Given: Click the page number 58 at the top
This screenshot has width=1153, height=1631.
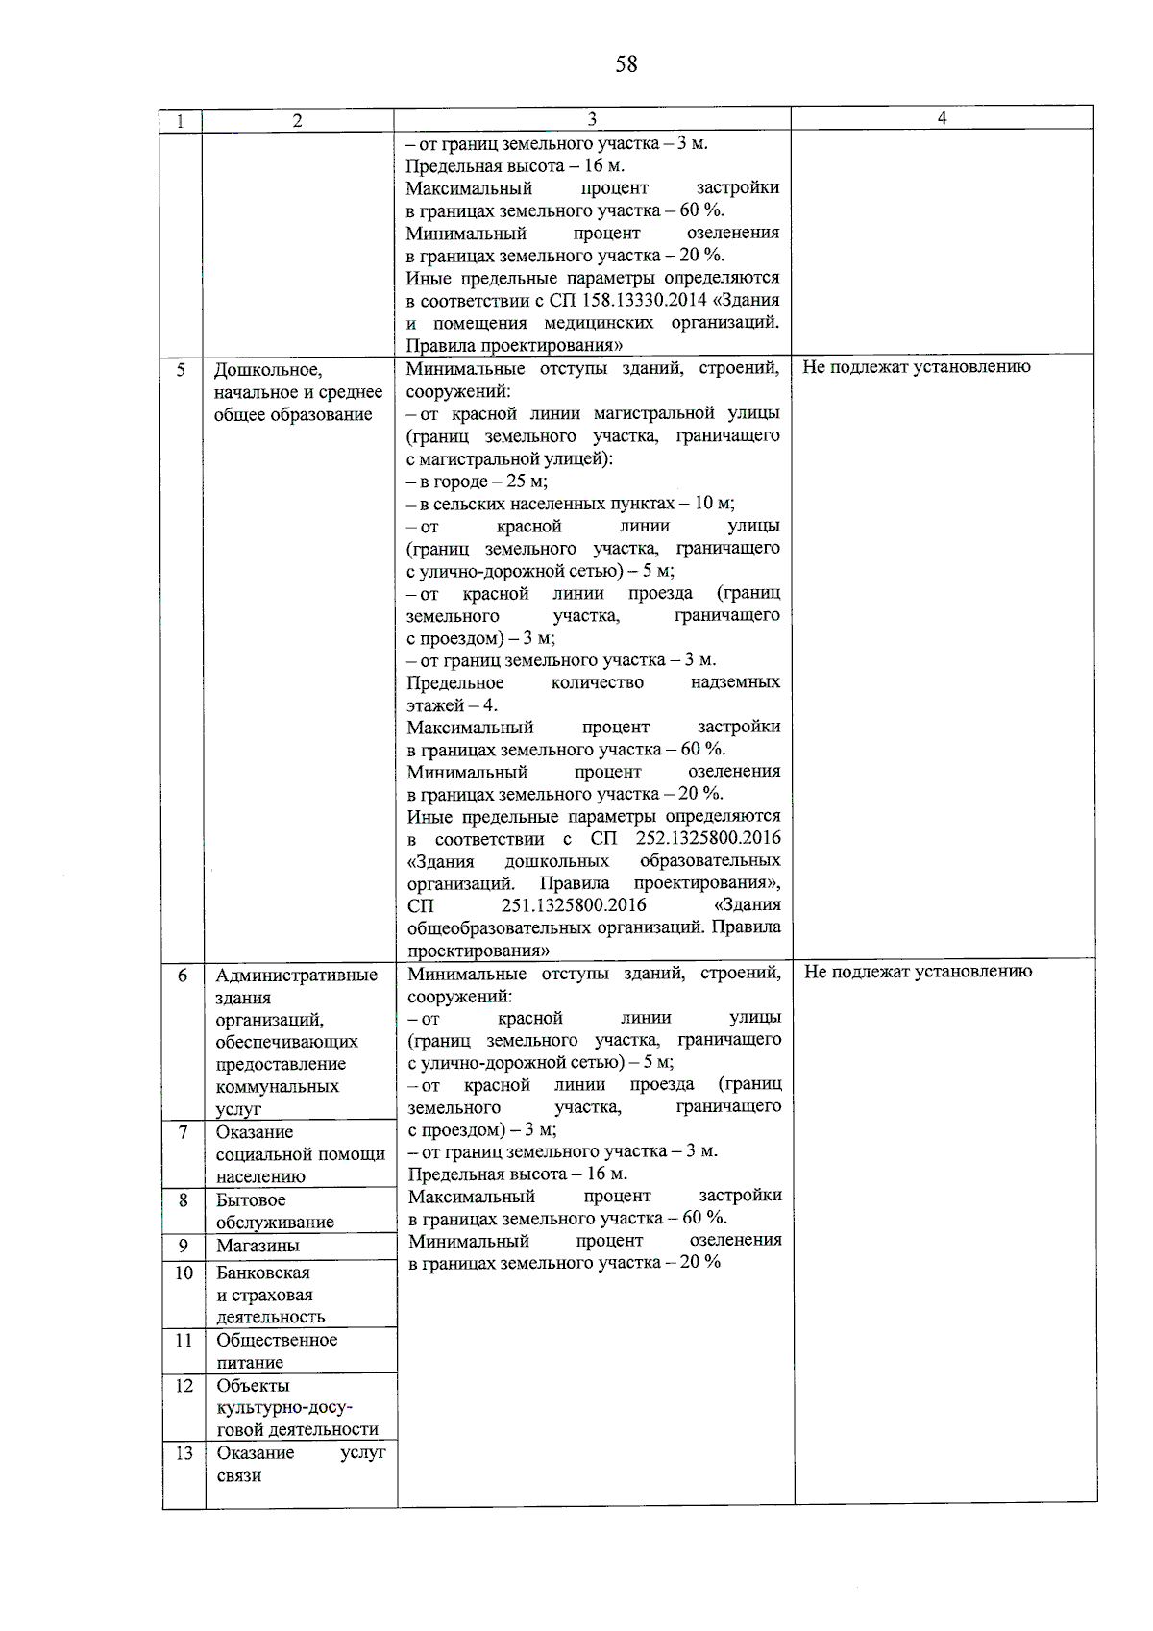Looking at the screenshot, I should (x=626, y=64).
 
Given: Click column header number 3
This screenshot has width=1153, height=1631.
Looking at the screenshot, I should (x=592, y=119).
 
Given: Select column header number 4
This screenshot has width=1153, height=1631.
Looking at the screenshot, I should (x=942, y=117).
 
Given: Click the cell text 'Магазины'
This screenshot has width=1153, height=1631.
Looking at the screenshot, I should (x=258, y=1246).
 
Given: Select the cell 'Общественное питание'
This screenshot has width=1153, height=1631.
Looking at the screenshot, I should (x=277, y=1351).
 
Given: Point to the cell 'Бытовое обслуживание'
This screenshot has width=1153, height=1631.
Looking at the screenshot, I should (x=275, y=1211).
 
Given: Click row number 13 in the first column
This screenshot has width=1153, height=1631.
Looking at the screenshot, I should (x=184, y=1453).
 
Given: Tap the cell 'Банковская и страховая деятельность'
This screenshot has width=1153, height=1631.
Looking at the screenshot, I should (x=270, y=1295).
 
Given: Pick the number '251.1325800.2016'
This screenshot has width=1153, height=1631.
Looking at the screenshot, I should (x=574, y=905).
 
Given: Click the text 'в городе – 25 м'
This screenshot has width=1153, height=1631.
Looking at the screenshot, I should (x=477, y=481).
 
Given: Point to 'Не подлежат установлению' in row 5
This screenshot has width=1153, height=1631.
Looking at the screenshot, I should (x=916, y=367).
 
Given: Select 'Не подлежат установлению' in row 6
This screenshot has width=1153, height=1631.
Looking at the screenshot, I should (x=918, y=972).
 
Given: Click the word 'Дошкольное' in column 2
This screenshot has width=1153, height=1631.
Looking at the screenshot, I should (x=268, y=370).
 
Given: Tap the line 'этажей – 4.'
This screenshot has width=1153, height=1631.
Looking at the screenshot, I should (x=452, y=704).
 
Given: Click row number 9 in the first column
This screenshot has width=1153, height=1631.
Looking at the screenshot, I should (x=183, y=1246).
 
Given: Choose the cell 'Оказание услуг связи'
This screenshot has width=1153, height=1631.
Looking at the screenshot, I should (x=300, y=1464).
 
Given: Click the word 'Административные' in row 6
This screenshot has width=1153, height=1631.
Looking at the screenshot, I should (x=296, y=976).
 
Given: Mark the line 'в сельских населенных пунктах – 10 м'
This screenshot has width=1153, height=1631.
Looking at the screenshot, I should (x=570, y=504).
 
